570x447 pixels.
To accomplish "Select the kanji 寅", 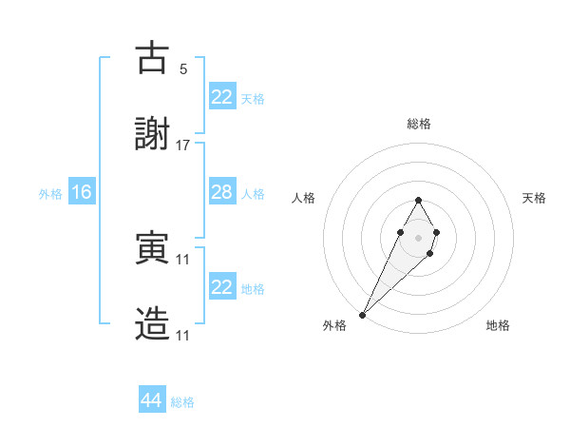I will coord(153,248).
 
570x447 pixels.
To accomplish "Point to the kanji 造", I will coord(153,324).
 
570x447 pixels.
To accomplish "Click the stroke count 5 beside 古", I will coord(183,68).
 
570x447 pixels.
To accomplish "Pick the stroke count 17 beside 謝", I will coord(183,146).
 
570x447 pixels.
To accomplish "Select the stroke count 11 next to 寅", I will coord(183,259).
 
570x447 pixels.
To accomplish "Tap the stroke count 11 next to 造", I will coord(183,336).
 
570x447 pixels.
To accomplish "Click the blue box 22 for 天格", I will coord(222,97).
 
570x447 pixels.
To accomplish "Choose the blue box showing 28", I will coord(222,192).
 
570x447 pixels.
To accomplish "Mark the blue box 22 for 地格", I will coord(222,287).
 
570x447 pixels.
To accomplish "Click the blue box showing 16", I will coord(82,192).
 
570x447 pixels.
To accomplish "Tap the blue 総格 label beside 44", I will coord(182,402).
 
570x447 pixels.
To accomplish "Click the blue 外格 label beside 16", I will coord(49,194).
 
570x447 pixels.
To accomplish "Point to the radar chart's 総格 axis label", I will coord(418,124).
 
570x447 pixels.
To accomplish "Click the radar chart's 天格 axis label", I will coord(535,198).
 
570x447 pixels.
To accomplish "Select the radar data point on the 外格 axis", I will coord(363,314).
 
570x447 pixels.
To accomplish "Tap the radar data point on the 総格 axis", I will coord(418,200).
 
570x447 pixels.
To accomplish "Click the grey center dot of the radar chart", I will coord(418,236).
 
